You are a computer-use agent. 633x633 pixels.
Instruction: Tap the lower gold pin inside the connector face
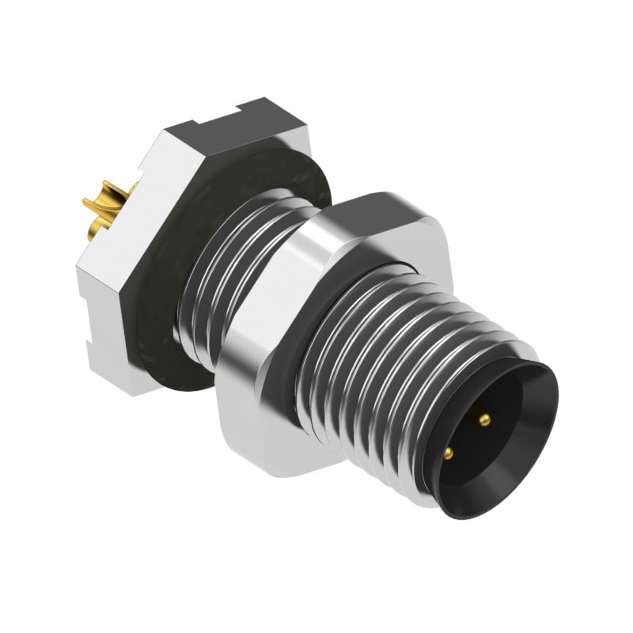click(449, 453)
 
